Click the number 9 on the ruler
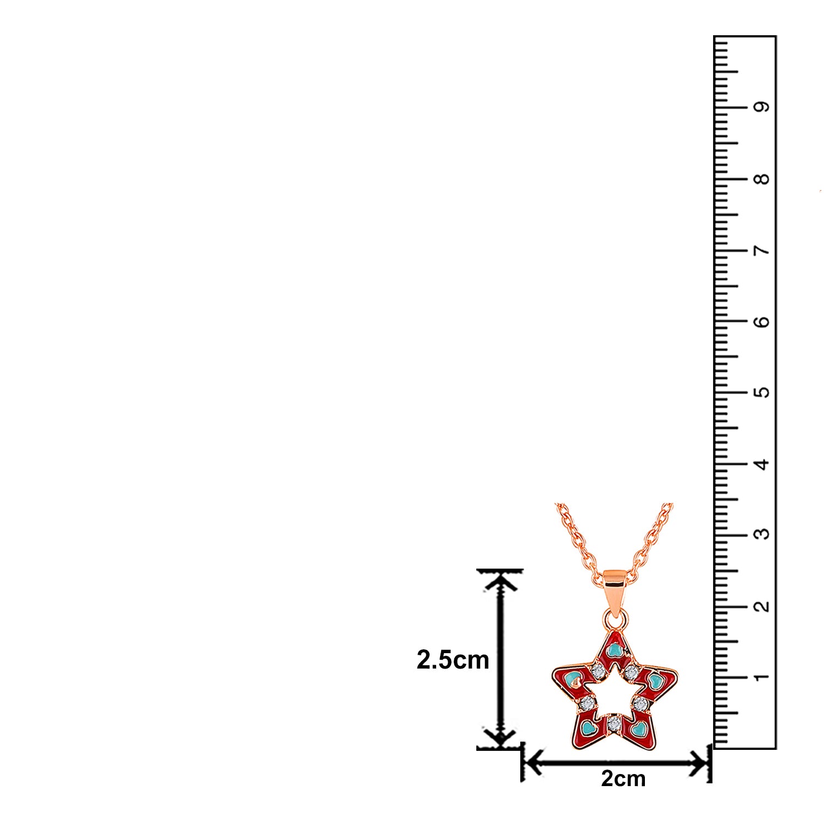tap(761, 107)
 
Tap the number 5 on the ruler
tap(761, 392)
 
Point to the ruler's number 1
tap(761, 677)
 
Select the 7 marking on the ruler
tap(761, 250)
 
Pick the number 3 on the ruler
tap(761, 534)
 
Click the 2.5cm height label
tap(453, 660)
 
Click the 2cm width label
tap(623, 778)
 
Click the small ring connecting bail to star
tap(615, 619)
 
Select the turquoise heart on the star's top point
tap(615, 650)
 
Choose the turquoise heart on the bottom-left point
tap(589, 728)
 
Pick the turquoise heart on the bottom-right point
tap(638, 729)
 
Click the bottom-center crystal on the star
tap(614, 723)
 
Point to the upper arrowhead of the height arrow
tap(500, 580)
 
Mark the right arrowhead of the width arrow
tap(700, 762)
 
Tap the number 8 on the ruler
tap(761, 179)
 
